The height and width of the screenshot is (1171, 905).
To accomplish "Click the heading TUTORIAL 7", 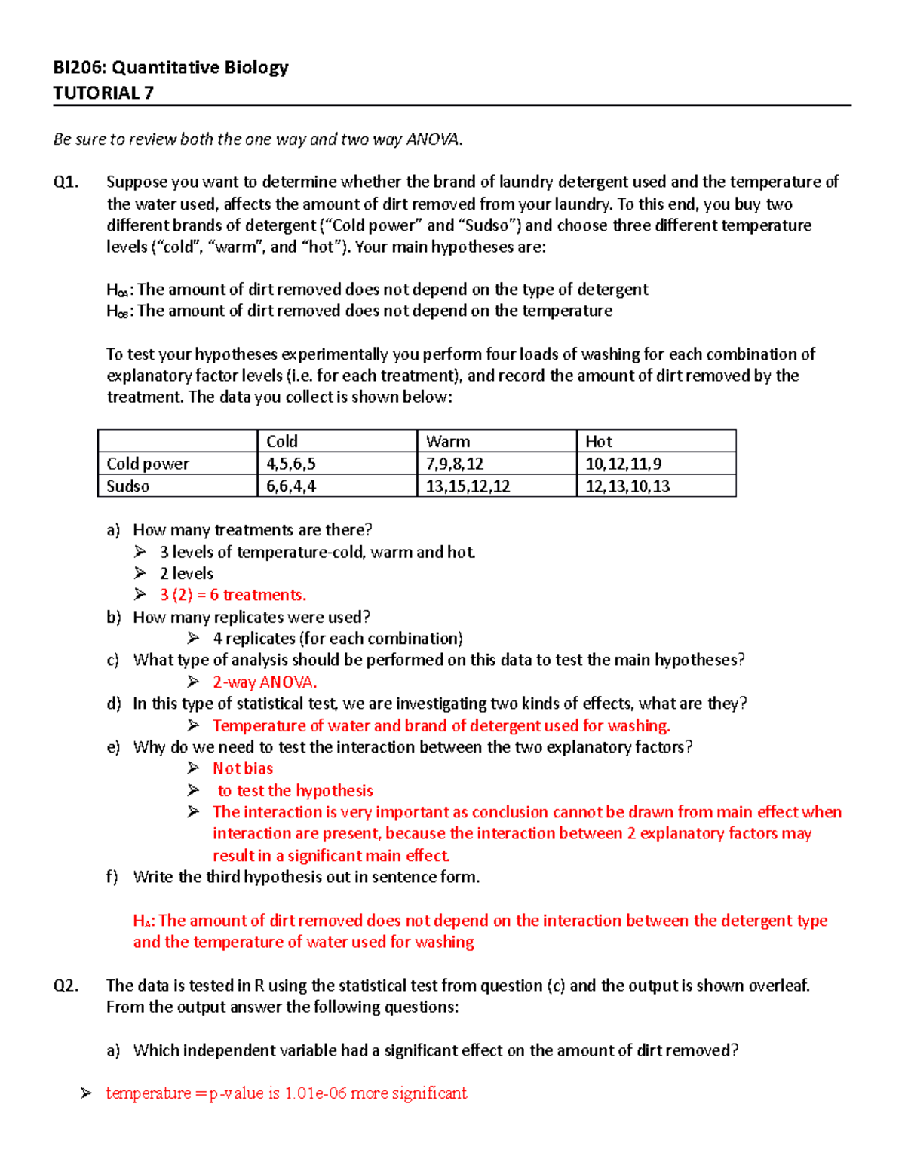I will (x=103, y=93).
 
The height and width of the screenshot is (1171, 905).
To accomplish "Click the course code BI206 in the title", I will (x=79, y=67).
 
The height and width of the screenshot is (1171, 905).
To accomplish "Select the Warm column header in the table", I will (x=448, y=441).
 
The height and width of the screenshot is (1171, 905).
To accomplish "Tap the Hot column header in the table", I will (x=599, y=441).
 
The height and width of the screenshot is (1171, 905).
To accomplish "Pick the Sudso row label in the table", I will (x=127, y=486).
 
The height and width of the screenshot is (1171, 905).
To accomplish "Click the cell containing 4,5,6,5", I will (x=291, y=464).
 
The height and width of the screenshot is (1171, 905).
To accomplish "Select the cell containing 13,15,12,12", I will (x=468, y=486).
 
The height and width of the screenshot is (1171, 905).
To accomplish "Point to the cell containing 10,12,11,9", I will (x=624, y=464).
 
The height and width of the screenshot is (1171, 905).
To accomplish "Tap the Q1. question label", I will (x=66, y=182).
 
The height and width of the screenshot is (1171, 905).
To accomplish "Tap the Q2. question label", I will (x=66, y=986).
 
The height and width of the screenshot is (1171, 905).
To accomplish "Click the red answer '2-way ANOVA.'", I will (x=265, y=682).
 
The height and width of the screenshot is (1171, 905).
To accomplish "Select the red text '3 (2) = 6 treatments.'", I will (x=233, y=595).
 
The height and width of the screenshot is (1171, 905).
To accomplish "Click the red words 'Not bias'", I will (x=243, y=768).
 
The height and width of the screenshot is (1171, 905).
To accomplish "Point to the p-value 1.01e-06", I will (x=315, y=1093).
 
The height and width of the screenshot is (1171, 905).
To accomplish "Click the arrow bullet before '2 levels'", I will (x=140, y=573).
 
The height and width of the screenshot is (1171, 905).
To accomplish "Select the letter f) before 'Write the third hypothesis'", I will (x=112, y=877).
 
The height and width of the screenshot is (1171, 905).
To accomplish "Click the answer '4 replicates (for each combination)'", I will (x=338, y=639).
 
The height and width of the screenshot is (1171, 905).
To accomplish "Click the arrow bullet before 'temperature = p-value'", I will (x=86, y=1093).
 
